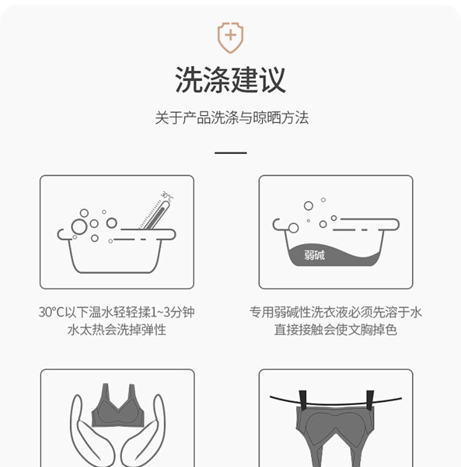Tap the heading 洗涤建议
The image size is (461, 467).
pyautogui.click(x=230, y=80)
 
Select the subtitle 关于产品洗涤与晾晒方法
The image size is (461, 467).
pyautogui.click(x=231, y=119)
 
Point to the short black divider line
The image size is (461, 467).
pyautogui.click(x=230, y=153)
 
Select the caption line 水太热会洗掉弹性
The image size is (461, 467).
pyautogui.click(x=117, y=330)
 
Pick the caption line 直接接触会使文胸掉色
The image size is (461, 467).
pyautogui.click(x=336, y=330)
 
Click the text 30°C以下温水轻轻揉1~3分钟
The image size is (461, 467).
pyautogui.click(x=117, y=312)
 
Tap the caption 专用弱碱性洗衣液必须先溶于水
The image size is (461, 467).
pyautogui.click(x=336, y=312)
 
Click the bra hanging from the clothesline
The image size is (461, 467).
pyautogui.click(x=336, y=426)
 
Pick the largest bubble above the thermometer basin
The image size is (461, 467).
pyautogui.click(x=79, y=226)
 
